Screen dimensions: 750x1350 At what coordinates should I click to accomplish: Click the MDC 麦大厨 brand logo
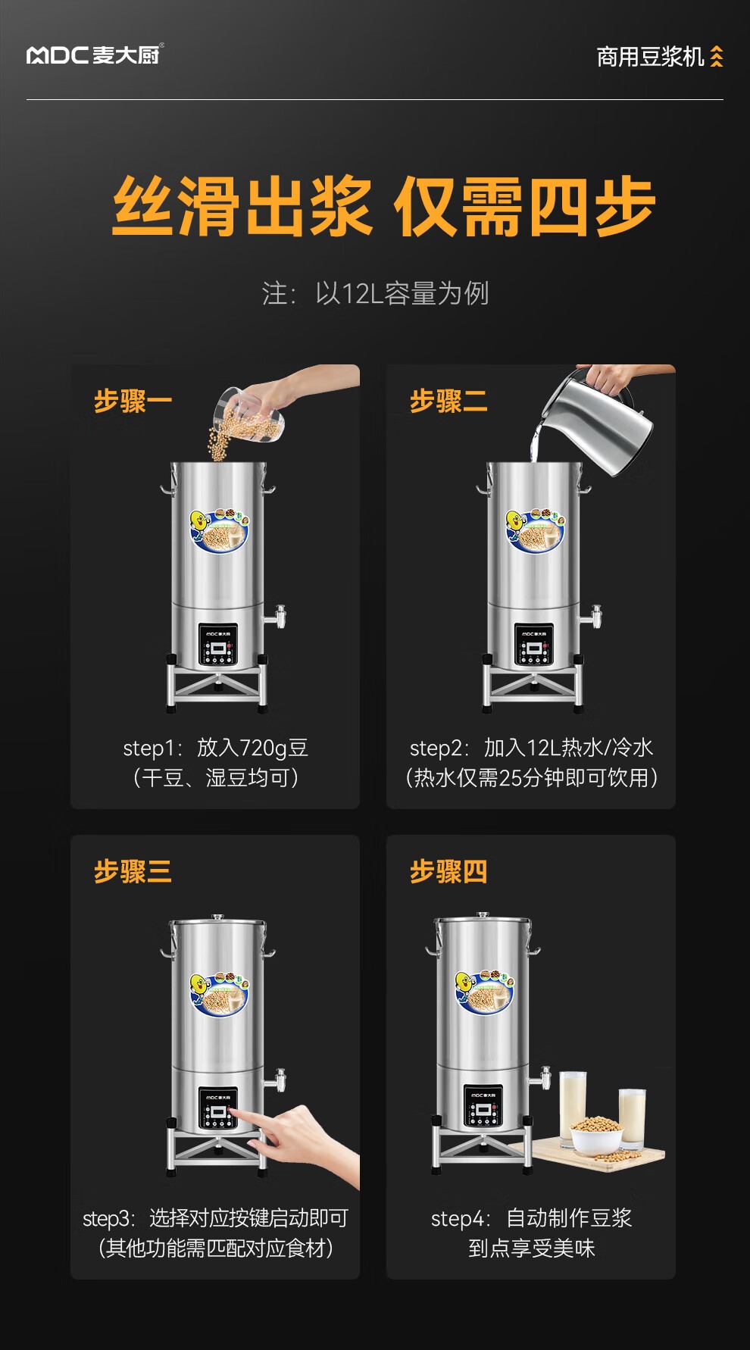pos(95,55)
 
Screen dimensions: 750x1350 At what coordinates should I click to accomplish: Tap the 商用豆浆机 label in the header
pos(650,57)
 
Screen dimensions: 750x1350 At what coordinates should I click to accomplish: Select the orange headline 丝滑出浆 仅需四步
pos(384,206)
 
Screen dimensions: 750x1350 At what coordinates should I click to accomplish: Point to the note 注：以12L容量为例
pos(376,293)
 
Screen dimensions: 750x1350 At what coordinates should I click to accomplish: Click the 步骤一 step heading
pos(133,401)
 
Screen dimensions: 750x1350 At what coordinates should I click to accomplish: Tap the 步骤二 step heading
pos(448,401)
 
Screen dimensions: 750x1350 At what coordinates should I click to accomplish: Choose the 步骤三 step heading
pos(133,871)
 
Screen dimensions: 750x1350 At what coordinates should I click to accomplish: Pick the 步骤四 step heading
pos(448,871)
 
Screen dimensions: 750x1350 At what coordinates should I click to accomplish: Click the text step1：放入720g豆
pos(215,748)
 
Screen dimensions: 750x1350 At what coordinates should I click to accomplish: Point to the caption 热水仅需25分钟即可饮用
pos(532,778)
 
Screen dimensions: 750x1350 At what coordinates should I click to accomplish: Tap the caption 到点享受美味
pos(532,1248)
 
